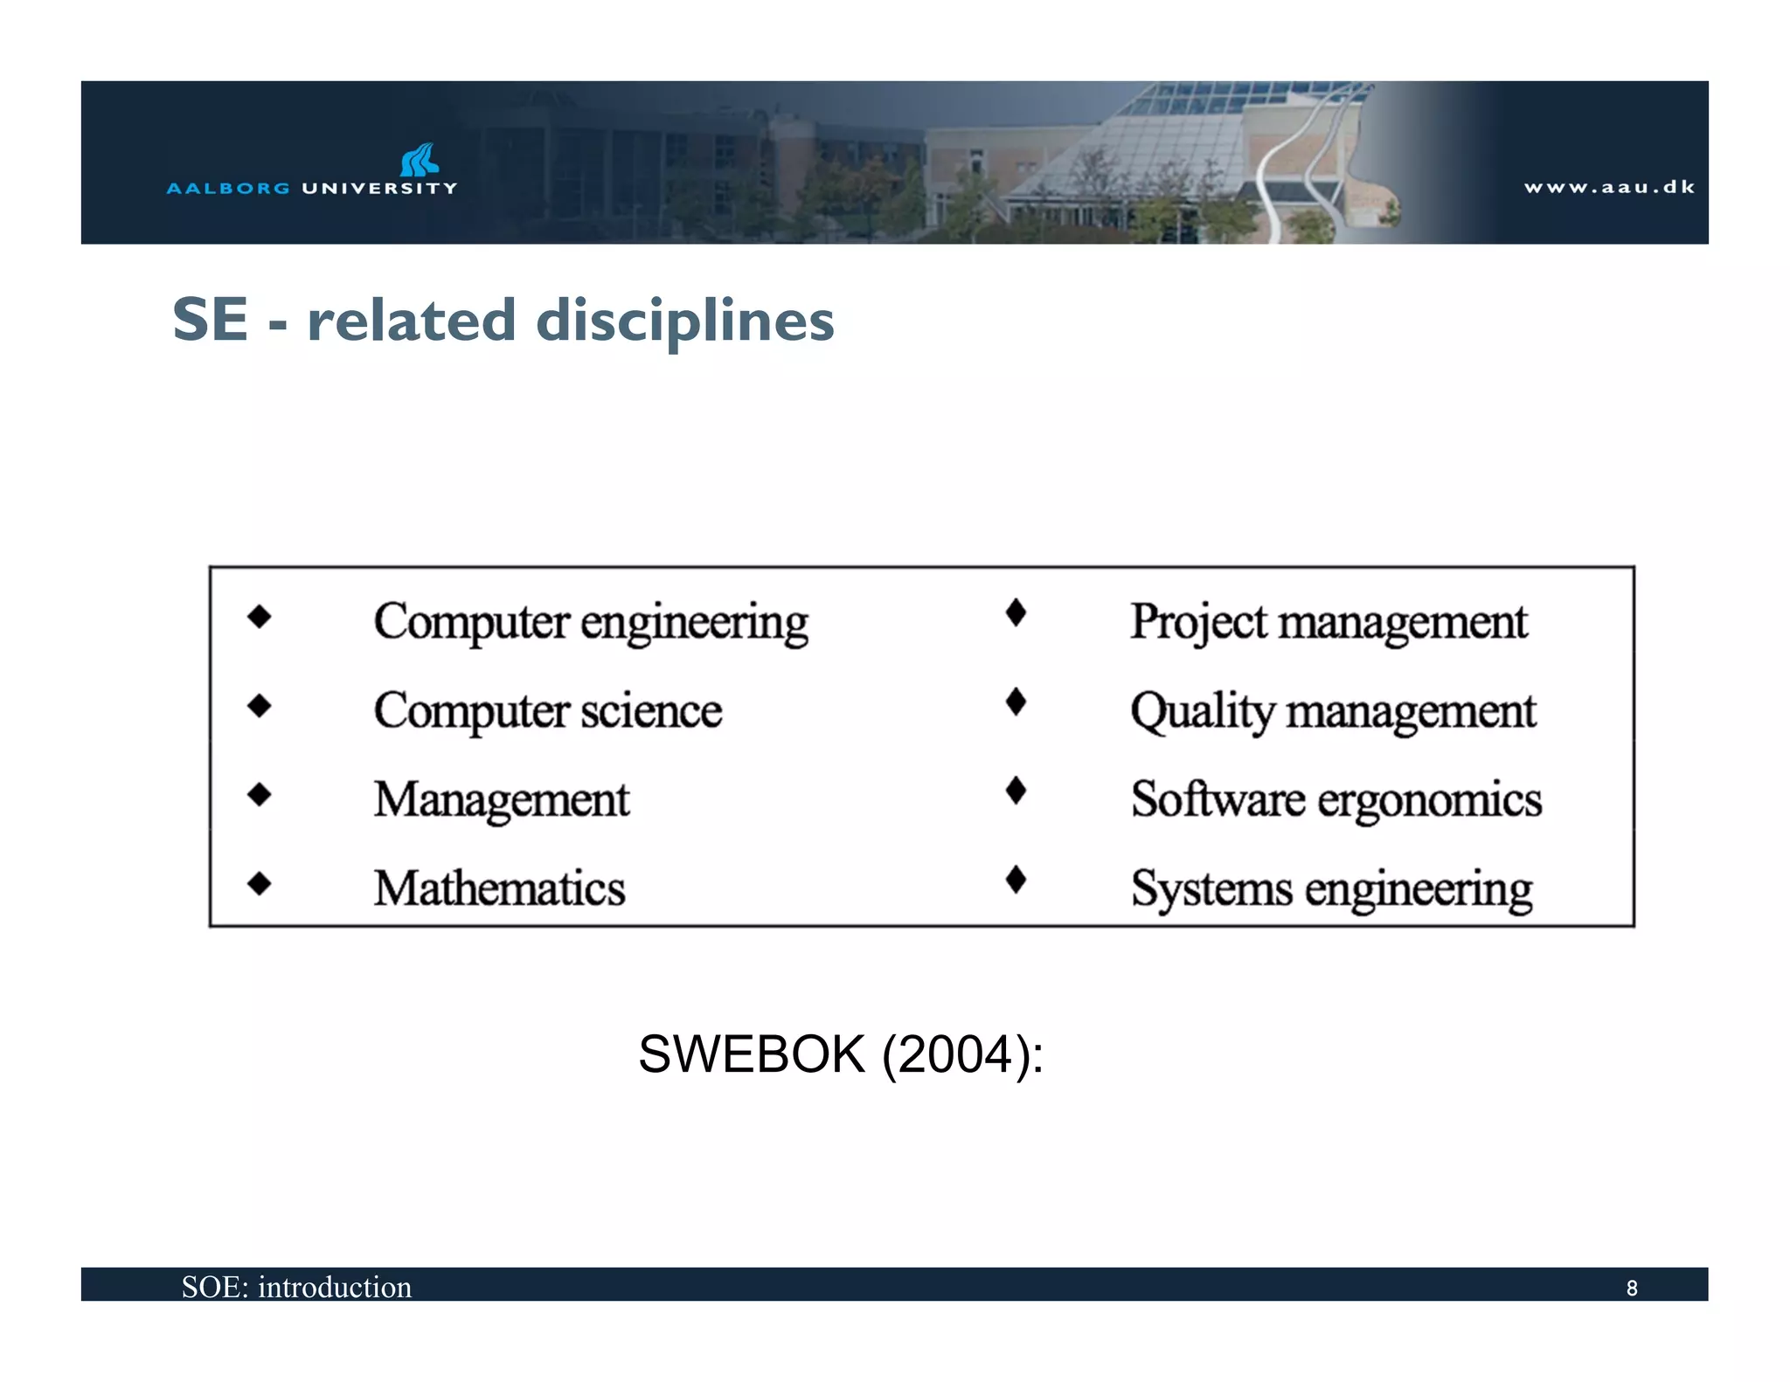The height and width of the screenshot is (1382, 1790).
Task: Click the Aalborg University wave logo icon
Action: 420,160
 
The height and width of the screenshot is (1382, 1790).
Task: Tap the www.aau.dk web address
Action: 1609,187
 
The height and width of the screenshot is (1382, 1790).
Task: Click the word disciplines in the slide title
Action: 684,320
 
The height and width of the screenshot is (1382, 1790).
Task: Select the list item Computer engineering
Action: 591,622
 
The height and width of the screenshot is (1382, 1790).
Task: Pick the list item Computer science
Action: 548,710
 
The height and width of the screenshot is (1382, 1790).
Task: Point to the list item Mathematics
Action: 499,888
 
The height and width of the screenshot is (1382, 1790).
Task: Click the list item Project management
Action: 1329,622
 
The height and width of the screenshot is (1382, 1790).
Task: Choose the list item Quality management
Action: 1333,711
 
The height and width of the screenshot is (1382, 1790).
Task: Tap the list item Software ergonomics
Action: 1336,799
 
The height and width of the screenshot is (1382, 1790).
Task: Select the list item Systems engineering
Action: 1331,888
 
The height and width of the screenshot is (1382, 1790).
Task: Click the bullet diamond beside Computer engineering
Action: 260,617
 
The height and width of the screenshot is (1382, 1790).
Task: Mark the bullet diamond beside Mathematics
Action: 260,884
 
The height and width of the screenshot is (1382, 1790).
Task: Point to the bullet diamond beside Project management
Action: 1016,612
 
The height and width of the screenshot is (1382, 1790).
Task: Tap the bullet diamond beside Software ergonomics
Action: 1016,791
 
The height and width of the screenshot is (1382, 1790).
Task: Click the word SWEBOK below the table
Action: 752,1054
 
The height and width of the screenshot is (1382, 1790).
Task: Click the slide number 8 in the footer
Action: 1631,1289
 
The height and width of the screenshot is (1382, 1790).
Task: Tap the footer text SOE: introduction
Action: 296,1287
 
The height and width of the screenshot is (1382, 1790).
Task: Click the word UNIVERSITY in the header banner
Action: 379,188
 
